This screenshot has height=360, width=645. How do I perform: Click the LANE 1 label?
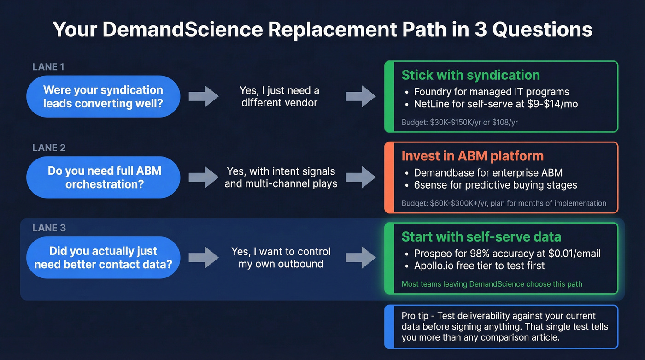coord(48,67)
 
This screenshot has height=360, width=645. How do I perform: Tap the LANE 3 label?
coord(49,228)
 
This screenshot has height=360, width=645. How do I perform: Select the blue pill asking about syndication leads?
coord(103,96)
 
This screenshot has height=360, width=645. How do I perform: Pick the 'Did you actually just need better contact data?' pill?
coord(103,258)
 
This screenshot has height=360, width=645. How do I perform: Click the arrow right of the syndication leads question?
coord(203,96)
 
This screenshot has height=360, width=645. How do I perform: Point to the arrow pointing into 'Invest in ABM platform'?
coord(361,177)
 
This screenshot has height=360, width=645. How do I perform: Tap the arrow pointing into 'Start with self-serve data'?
coord(361,258)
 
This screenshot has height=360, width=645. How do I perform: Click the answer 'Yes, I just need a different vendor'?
coord(279,96)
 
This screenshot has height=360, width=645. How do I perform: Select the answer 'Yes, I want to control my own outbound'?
coord(281,258)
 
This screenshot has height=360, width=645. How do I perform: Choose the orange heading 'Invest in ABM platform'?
coord(472,156)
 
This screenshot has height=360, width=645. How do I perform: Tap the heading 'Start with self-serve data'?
coord(481,237)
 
